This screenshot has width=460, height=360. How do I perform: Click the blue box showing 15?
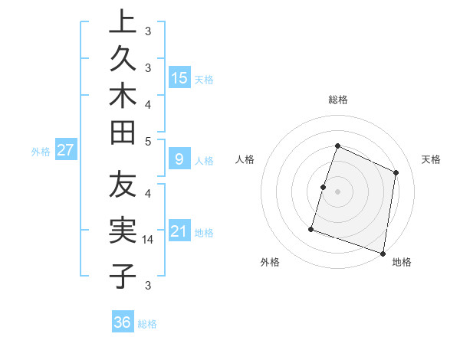179,77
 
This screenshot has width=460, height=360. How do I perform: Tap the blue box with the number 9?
179,159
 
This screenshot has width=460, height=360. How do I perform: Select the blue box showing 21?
179,231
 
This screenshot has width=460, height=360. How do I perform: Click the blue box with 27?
65,150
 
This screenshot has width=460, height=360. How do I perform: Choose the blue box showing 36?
123,322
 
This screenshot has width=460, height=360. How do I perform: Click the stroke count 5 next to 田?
148,141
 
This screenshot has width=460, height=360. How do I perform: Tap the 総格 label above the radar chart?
338,100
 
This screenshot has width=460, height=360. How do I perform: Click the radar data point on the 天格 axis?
396,172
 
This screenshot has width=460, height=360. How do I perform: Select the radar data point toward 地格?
383,254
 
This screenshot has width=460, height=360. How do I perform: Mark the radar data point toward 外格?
311,228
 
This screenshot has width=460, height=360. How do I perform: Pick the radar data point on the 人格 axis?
324,187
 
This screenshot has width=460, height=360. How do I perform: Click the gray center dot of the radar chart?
338,191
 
